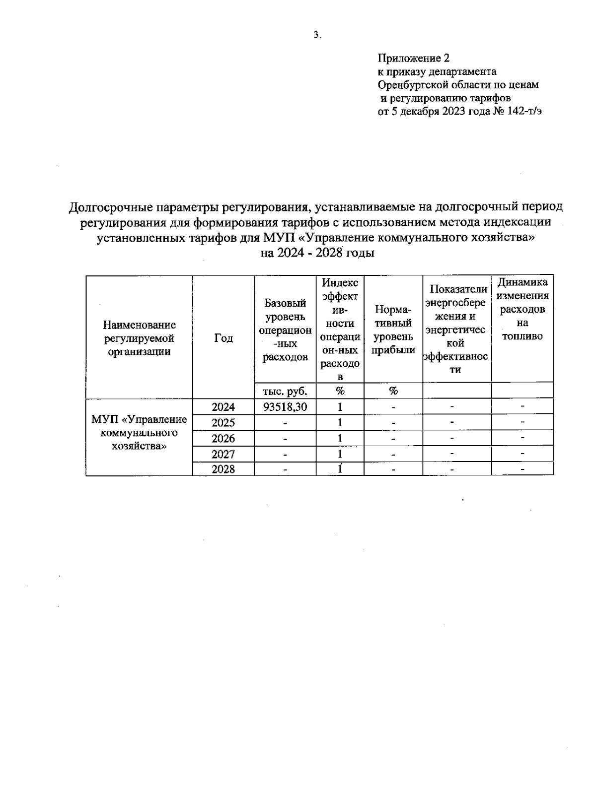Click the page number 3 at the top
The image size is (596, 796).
316,35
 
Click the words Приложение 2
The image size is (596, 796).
414,58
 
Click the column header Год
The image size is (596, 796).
223,338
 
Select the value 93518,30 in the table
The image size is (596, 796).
285,407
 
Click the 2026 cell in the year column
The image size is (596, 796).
223,438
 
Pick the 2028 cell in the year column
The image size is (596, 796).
223,469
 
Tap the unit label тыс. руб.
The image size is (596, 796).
285,391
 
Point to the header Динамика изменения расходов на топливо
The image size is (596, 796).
522,309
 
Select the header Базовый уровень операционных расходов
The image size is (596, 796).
285,330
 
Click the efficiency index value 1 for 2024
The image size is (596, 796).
340,407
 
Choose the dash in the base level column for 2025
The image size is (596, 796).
285,423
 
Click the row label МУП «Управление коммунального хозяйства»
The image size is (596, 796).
139,432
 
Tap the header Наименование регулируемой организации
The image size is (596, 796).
139,338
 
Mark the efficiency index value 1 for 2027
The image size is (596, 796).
340,454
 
